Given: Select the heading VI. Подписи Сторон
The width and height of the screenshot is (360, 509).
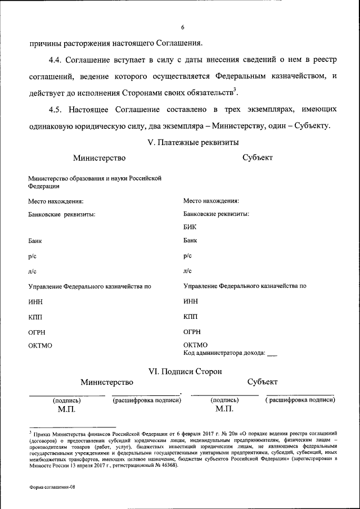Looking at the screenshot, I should pos(184,371).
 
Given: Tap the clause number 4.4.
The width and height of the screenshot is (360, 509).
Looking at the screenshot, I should pos(58,60).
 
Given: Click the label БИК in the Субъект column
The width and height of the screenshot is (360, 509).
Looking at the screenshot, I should pos(190,227).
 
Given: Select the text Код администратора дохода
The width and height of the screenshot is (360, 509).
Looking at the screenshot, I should pos(224,353).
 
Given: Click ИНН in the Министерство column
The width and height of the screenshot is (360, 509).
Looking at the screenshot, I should pos(36,302).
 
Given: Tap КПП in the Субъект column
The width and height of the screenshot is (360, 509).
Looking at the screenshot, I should pos(191,317).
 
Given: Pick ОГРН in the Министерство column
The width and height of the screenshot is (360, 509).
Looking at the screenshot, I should pos(37,332).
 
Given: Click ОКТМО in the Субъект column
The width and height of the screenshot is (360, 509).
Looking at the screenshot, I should pos(195,345).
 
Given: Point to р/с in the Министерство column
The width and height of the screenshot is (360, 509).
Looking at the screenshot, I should pos(32,256).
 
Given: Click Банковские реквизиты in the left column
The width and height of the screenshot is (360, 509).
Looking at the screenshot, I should pos(61,214).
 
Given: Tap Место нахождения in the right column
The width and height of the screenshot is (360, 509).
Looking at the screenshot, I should pos(211,201).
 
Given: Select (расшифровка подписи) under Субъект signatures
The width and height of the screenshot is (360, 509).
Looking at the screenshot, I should pos(300,400).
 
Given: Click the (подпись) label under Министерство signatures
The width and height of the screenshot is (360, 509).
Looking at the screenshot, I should pos(66,400).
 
